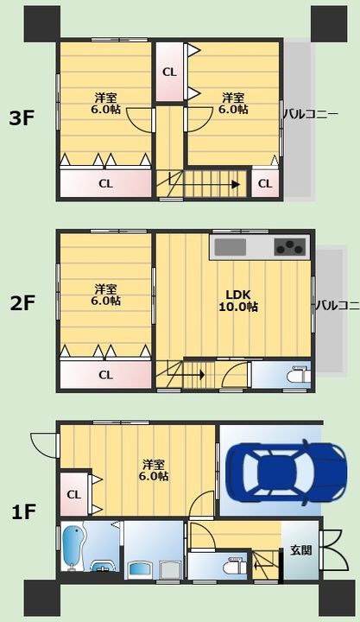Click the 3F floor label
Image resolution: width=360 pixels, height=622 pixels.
(x=22, y=118)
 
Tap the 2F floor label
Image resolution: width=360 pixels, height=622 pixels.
(x=22, y=304)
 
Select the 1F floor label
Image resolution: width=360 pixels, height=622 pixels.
(x=23, y=512)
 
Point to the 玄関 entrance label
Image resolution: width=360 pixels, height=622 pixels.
(x=300, y=550)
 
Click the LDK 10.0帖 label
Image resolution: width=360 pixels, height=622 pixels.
(x=238, y=301)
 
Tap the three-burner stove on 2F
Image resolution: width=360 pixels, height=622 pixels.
(x=292, y=247)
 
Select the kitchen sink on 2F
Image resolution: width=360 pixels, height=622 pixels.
(x=231, y=247)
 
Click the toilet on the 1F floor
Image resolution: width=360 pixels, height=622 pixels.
(x=235, y=565)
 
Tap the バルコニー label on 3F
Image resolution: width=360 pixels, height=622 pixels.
(x=311, y=115)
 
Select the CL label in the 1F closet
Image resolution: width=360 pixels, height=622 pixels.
(x=73, y=495)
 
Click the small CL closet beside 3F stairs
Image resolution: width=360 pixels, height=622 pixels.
(x=265, y=184)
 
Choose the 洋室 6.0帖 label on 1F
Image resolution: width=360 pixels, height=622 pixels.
(x=154, y=470)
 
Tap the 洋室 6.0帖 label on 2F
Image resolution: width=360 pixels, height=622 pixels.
(x=106, y=295)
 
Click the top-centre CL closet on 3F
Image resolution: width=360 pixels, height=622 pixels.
(x=169, y=72)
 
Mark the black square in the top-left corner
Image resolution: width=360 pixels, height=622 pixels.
(x=42, y=24)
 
